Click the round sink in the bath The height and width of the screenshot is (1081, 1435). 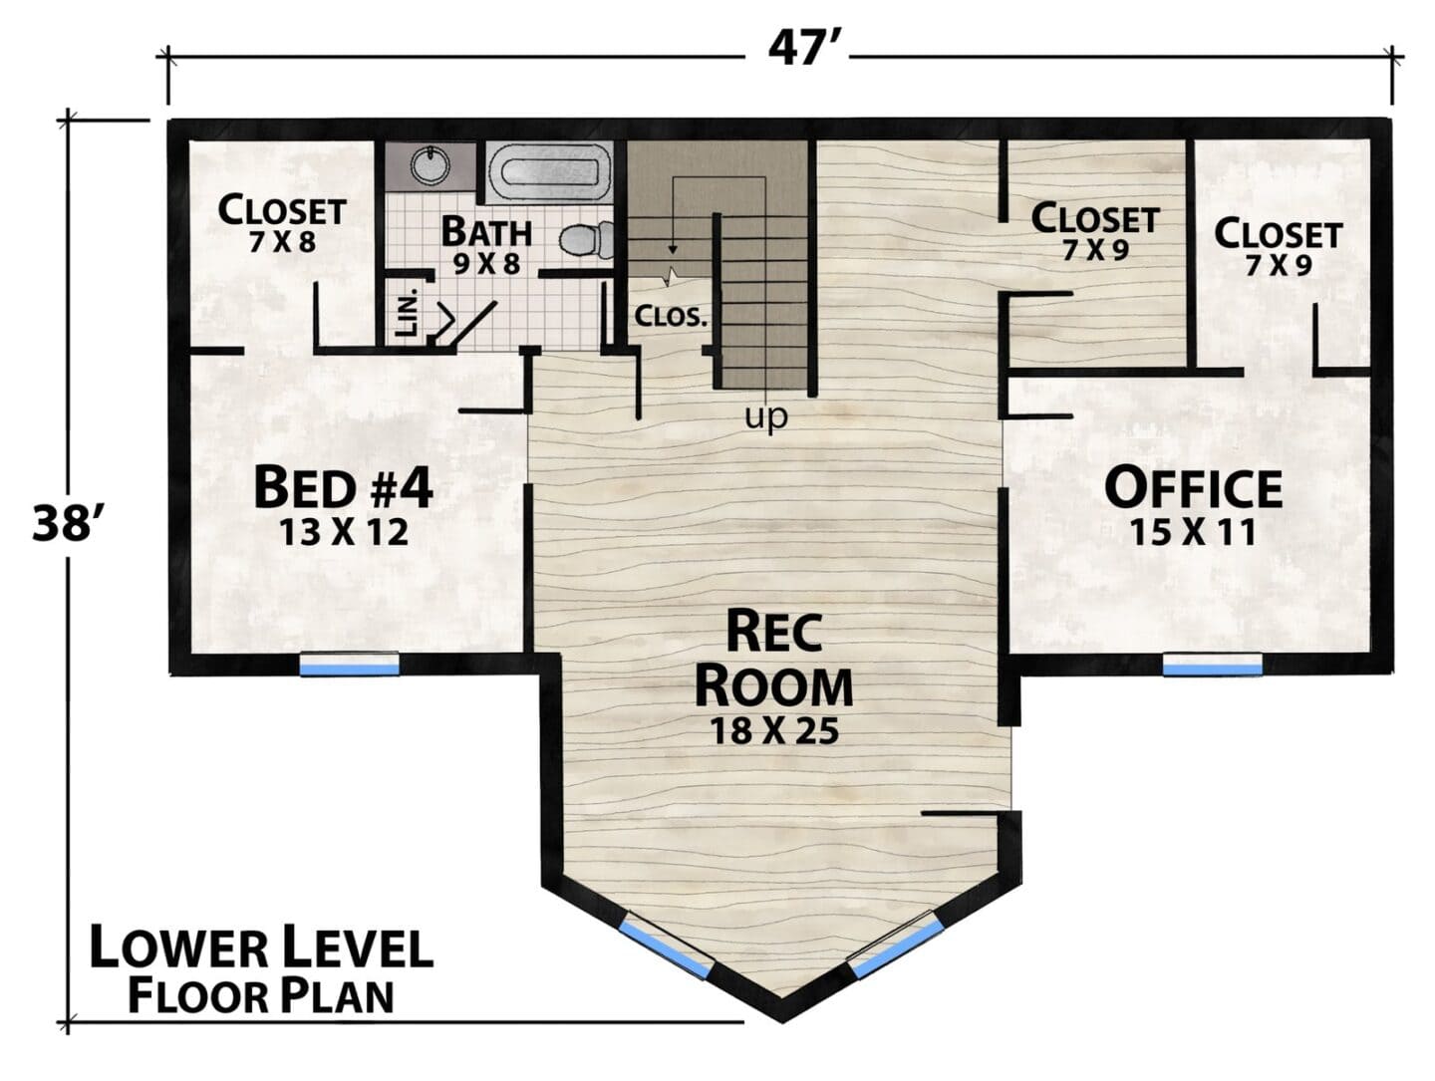point(430,164)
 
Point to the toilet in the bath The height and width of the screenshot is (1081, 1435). point(586,239)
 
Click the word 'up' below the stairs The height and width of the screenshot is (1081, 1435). point(766,415)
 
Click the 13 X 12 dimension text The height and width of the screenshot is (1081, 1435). point(344,532)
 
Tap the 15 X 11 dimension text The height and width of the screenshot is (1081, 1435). point(1193,532)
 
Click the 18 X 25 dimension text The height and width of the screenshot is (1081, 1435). point(774,731)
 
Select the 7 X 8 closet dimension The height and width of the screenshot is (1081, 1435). point(282,242)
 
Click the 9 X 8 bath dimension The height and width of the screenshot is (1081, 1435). point(487,263)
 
